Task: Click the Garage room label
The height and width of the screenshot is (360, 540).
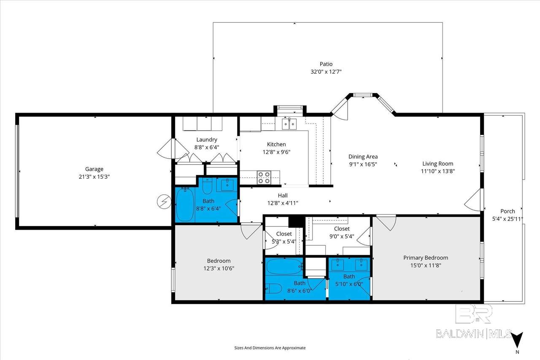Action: pos(94,169)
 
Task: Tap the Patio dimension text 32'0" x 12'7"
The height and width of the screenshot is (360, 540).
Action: pos(326,72)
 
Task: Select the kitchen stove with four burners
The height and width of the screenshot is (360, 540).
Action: pos(264,177)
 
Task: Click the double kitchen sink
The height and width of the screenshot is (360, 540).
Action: pos(289,124)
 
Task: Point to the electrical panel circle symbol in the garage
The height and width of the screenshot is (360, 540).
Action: pos(164,201)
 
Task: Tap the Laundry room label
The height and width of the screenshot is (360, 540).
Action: pos(207,140)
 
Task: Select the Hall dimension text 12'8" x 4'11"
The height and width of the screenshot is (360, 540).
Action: pos(283,203)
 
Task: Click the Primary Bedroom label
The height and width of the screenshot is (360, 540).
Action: pos(426,258)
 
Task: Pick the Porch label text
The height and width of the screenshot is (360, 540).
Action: pos(508,211)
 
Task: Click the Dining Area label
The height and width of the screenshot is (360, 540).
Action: pos(363,157)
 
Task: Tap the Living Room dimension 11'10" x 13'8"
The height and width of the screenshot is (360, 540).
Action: pos(438,171)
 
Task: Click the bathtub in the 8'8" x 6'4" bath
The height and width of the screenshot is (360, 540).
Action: pos(185,205)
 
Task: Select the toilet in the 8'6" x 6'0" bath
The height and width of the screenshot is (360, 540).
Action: pos(274,288)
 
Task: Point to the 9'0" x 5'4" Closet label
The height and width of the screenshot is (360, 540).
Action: pos(342,228)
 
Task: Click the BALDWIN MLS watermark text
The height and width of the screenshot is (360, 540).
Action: pos(473,334)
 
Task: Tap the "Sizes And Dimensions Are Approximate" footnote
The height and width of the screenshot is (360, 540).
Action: pos(270,348)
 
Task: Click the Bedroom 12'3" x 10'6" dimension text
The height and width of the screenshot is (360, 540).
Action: pos(219,269)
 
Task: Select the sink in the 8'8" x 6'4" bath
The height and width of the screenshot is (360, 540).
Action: pos(227,185)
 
